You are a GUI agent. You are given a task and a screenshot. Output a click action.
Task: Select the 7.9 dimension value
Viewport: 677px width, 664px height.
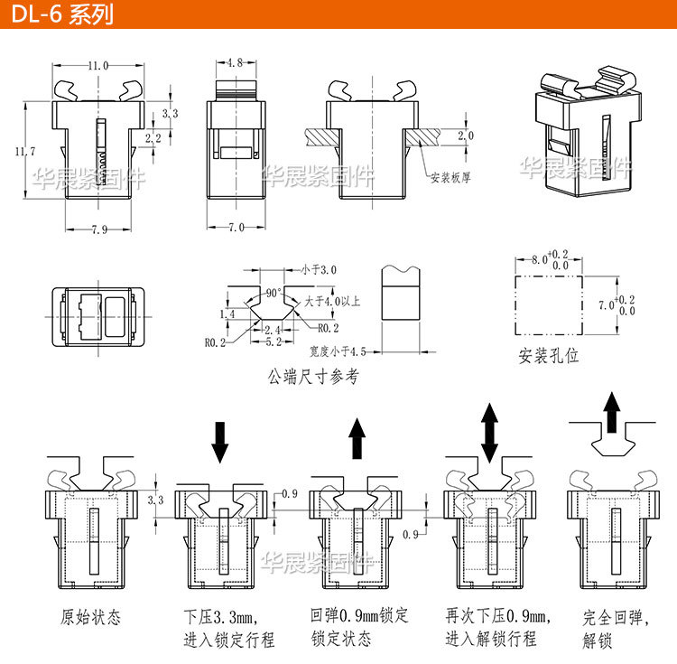[98, 229]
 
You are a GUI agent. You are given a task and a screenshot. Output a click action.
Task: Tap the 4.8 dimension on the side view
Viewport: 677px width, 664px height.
[234, 63]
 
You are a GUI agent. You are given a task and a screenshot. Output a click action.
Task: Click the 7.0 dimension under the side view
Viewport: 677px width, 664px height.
[236, 228]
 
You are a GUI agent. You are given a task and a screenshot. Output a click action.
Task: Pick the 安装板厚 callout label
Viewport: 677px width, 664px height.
[450, 178]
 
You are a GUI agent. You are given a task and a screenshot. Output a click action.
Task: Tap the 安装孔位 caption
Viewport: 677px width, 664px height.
[549, 355]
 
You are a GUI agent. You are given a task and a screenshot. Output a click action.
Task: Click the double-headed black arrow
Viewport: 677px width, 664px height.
[490, 434]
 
